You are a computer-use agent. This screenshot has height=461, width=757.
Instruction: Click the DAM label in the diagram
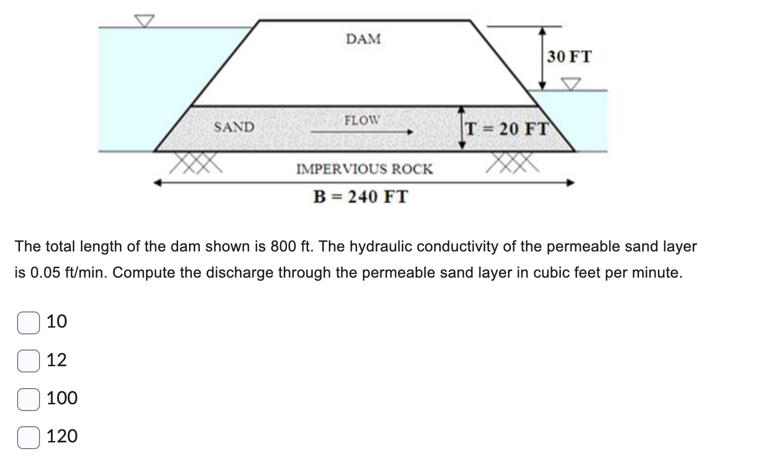tap(363, 39)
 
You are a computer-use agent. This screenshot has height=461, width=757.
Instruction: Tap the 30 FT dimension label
tap(569, 57)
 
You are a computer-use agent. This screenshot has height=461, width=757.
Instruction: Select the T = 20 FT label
tap(508, 129)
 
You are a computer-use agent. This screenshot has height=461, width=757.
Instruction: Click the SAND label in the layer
tap(234, 127)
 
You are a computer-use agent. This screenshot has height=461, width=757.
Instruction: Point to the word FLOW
tap(362, 120)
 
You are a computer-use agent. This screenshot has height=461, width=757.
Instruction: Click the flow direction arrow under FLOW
tap(362, 132)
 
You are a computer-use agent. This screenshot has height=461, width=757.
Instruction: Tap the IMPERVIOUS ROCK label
tap(365, 169)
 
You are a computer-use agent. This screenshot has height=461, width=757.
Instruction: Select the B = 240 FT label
tap(360, 196)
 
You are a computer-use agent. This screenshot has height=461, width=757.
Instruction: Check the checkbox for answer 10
tap(29, 322)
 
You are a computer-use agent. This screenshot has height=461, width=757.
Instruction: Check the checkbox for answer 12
tap(29, 361)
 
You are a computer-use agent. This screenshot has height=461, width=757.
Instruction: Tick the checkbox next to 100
tap(29, 399)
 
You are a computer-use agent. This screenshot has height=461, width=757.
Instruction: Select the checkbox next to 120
tap(29, 437)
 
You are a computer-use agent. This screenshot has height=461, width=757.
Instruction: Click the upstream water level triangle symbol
tap(144, 20)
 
